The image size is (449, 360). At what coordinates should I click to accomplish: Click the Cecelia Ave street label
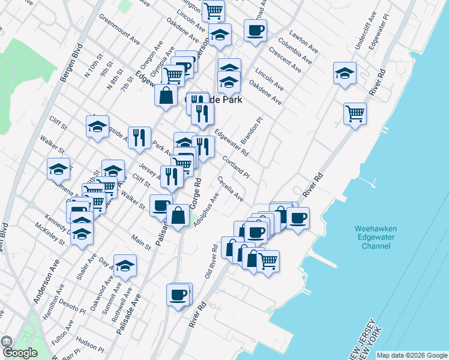pyautogui.click(x=231, y=188)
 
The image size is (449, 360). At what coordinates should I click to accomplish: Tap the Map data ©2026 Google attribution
pyautogui.click(x=412, y=355)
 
